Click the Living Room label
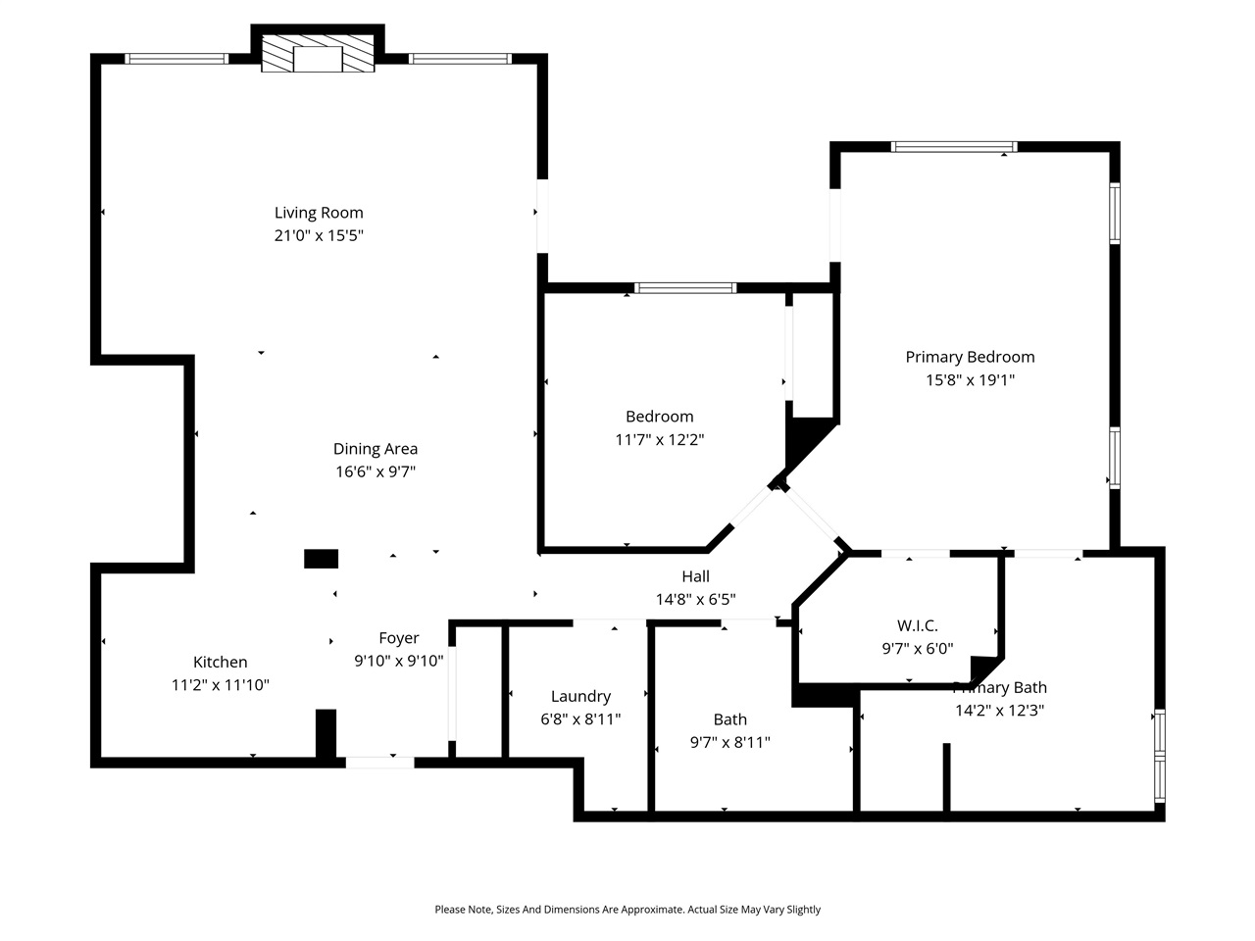coord(319,213)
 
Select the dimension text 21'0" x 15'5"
coord(319,236)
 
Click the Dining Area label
coord(376,449)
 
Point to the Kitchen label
coord(220,663)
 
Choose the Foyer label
coord(399,638)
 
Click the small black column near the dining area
coord(321,559)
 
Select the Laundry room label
coord(580,696)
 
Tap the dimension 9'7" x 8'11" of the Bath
coord(729,743)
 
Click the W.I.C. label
coord(917,625)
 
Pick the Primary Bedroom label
coord(970,357)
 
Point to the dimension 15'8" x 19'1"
coord(970,380)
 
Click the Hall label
coord(695,576)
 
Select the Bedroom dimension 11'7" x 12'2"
coord(659,440)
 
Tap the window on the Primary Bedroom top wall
coord(953,147)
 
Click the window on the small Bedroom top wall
coord(684,288)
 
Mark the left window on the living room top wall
coord(176,59)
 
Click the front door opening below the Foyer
coord(379,762)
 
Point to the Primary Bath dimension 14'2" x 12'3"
coord(999,711)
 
